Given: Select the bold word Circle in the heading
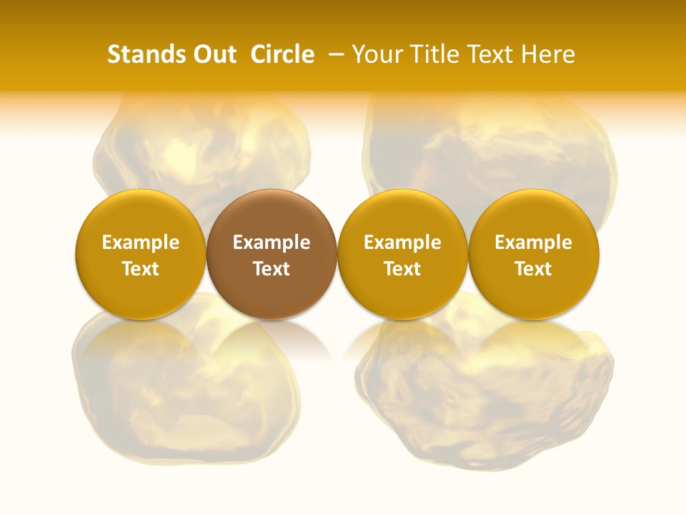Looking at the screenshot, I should click(282, 54).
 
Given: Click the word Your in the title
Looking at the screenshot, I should click(375, 54).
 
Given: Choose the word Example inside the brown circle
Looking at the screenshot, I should click(272, 242).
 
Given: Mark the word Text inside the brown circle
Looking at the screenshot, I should click(272, 269).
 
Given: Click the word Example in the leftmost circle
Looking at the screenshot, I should click(140, 242).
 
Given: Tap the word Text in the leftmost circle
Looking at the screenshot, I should click(140, 269).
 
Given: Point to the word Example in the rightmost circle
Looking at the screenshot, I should click(534, 242).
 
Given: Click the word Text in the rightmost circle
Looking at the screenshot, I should click(534, 269).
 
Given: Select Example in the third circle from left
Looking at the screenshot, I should click(402, 242).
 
